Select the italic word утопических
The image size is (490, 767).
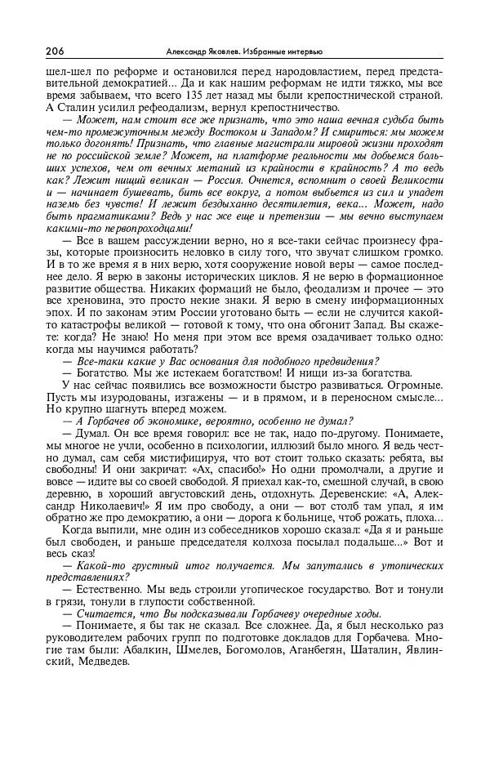[x=412, y=566]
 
